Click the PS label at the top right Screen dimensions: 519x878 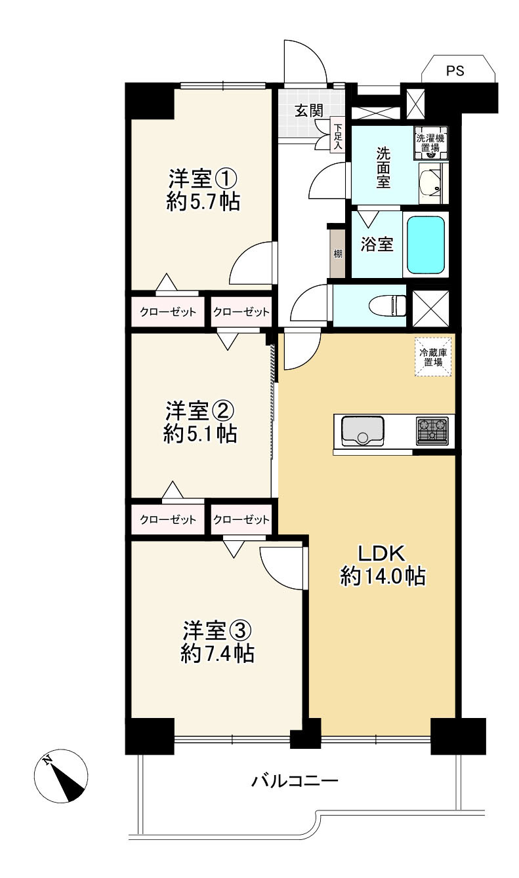pos(455,71)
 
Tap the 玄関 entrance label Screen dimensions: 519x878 pos(309,111)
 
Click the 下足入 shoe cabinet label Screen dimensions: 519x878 pos(338,137)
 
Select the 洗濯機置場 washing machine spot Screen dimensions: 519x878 pos(430,143)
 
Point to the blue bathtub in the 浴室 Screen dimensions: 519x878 pos(426,245)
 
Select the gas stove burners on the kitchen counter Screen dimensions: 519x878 pos(432,431)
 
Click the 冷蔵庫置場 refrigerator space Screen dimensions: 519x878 pos(433,357)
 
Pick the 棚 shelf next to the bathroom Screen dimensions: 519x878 pos(338,254)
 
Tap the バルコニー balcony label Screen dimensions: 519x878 pos(294,780)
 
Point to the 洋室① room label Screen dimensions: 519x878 pos(203,179)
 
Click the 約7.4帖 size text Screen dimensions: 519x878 pos(217,654)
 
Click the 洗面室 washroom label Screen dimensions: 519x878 pos(383,167)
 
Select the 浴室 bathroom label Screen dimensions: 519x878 pos(377,245)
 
